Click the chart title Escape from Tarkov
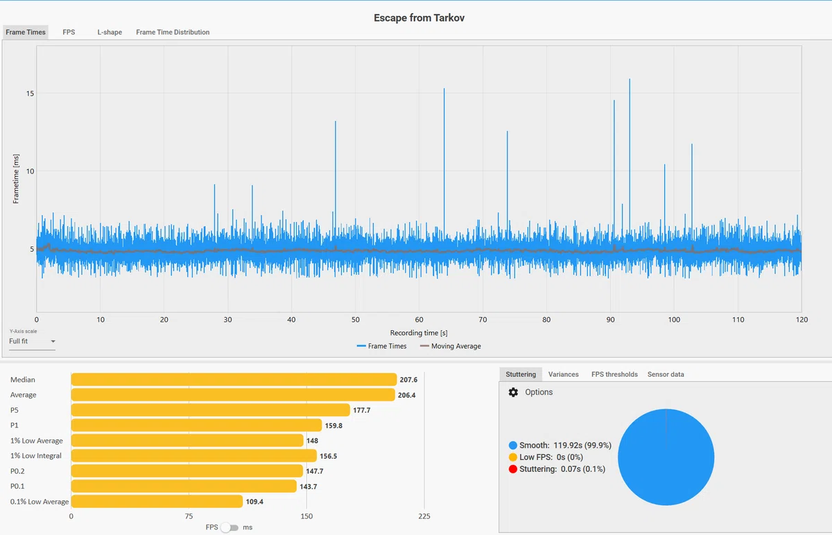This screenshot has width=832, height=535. pyautogui.click(x=419, y=18)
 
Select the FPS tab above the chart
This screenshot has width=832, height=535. pyautogui.click(x=69, y=32)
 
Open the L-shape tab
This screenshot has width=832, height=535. pyautogui.click(x=110, y=33)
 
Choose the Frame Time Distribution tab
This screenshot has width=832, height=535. pyautogui.click(x=173, y=33)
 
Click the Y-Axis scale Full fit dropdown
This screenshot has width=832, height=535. pyautogui.click(x=32, y=341)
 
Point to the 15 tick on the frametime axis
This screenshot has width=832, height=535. pyautogui.click(x=30, y=93)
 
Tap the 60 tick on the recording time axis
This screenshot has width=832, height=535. pyautogui.click(x=419, y=320)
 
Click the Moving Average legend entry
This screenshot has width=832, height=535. pyautogui.click(x=450, y=346)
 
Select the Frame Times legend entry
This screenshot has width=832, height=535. pyautogui.click(x=381, y=346)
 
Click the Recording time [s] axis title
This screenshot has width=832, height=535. pyautogui.click(x=419, y=333)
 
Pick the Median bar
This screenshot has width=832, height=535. pyautogui.click(x=234, y=380)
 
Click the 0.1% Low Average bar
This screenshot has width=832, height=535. pyautogui.click(x=157, y=501)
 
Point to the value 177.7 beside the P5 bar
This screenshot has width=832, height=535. pyautogui.click(x=361, y=410)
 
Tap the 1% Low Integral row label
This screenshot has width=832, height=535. pyautogui.click(x=35, y=456)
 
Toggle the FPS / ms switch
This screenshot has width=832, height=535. pyautogui.click(x=229, y=527)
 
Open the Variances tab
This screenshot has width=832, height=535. pyautogui.click(x=563, y=375)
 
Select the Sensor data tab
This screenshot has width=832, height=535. pyautogui.click(x=666, y=375)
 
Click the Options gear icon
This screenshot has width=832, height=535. pyautogui.click(x=513, y=392)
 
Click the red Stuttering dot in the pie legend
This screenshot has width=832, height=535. pyautogui.click(x=513, y=469)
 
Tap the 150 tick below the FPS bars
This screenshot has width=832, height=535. pyautogui.click(x=306, y=516)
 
